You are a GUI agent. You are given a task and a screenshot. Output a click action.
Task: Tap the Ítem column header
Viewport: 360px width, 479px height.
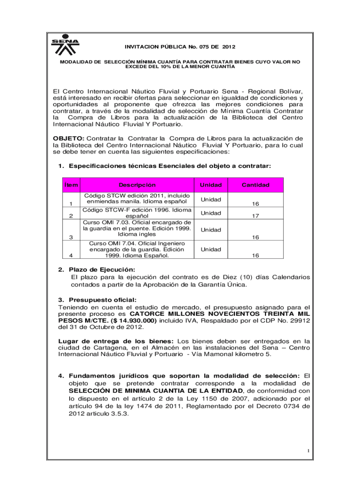(x=71, y=185)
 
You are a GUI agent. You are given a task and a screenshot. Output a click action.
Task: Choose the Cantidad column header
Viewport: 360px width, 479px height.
(x=255, y=185)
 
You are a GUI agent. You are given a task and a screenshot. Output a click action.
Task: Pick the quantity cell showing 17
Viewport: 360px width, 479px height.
(x=255, y=216)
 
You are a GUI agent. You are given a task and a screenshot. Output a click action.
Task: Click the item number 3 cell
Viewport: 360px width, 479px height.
(x=71, y=237)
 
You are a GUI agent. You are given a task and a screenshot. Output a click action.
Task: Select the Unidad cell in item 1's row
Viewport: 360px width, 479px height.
(x=211, y=200)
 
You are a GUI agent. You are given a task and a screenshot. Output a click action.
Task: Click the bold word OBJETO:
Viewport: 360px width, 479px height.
(x=68, y=138)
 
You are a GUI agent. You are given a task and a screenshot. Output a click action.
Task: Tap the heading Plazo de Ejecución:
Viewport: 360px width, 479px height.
(x=101, y=269)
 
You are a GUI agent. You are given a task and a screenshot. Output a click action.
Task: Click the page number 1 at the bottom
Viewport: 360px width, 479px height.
(x=309, y=450)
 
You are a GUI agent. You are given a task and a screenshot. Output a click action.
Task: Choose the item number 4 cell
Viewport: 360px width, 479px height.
(x=71, y=256)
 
